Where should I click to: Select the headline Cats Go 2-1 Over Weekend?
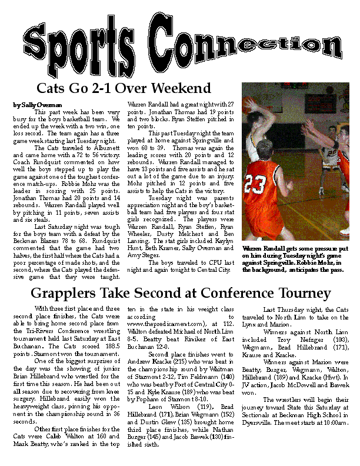[124, 88]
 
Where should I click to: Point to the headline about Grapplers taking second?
[180, 293]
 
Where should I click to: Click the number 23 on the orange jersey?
[256, 184]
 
